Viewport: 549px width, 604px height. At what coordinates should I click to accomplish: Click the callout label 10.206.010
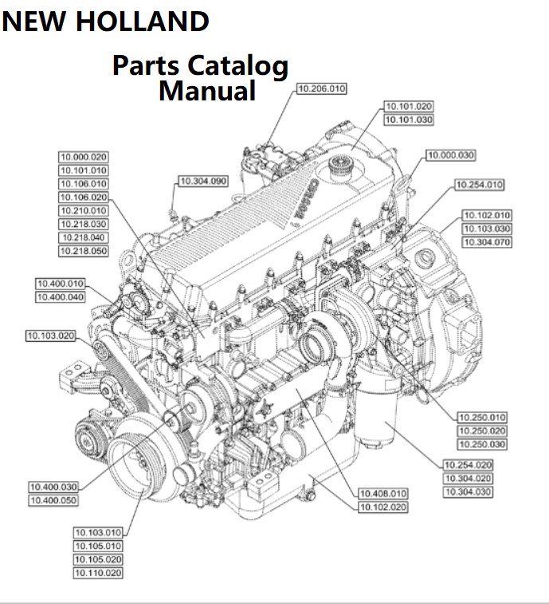point(321,89)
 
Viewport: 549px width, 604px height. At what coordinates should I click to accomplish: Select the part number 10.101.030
point(409,120)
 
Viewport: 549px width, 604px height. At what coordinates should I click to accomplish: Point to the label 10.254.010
point(479,185)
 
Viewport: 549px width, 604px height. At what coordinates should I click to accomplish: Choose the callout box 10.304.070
point(487,242)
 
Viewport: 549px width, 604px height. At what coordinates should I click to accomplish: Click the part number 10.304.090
point(202,182)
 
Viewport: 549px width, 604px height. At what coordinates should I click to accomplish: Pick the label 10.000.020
point(84,157)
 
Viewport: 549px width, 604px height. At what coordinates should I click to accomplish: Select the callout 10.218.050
point(84,252)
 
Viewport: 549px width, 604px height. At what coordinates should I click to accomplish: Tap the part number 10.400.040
point(61,297)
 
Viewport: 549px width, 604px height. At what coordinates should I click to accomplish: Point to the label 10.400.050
point(54,500)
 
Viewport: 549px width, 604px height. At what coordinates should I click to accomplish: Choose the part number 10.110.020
point(99,573)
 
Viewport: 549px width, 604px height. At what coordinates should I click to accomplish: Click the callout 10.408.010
point(383,494)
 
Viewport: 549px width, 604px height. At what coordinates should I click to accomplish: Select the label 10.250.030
point(481,444)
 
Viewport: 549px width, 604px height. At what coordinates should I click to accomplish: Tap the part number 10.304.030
point(468,492)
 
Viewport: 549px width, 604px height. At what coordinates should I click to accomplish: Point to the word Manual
point(206,91)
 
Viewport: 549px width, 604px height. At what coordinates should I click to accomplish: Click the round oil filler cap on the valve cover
point(337,168)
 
